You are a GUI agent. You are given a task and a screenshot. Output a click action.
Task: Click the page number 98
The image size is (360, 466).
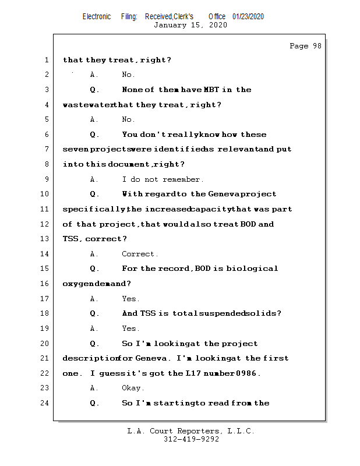click(317, 46)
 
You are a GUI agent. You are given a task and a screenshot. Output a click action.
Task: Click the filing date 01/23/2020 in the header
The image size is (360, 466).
click(248, 16)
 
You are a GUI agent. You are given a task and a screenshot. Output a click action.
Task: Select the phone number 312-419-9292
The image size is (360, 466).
click(191, 439)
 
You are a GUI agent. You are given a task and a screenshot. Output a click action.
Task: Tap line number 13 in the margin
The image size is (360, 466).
click(44, 239)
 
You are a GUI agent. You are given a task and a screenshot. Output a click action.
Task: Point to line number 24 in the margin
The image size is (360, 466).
click(44, 403)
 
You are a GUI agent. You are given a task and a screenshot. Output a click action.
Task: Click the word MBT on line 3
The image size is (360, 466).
click(211, 90)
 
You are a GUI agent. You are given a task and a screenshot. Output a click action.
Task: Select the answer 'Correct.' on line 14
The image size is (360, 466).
click(140, 254)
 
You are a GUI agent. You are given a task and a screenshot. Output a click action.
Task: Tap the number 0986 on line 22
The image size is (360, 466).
click(248, 373)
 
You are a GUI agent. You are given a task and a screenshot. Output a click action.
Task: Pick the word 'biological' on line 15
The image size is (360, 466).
click(252, 269)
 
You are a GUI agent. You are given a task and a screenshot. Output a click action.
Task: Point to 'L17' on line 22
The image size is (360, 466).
click(193, 373)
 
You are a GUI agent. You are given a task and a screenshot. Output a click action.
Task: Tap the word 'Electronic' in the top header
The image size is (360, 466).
click(97, 16)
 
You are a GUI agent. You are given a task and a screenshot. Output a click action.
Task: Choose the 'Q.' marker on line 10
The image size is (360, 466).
click(94, 195)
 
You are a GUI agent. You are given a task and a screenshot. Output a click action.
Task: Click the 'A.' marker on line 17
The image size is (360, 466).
click(94, 299)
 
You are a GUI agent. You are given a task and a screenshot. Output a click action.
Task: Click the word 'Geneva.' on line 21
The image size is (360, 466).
click(153, 358)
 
